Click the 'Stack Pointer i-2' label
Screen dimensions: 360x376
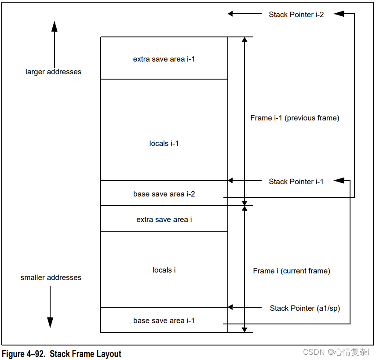tap(296, 15)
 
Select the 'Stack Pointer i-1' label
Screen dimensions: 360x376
tap(296, 182)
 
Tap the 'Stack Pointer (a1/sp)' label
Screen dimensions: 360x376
tap(305, 308)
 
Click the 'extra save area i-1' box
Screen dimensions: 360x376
tap(164, 58)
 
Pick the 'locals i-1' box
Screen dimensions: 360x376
tap(164, 143)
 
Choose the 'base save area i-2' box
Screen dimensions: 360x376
tap(164, 194)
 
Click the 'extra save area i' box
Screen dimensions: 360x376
tap(164, 219)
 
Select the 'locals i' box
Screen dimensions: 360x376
tap(164, 270)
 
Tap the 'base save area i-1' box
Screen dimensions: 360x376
tap(164, 320)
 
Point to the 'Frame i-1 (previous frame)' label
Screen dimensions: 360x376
tap(295, 118)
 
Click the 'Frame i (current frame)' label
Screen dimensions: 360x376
tap(292, 271)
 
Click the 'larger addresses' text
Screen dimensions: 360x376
tap(53, 72)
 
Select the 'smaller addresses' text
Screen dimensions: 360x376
tap(51, 277)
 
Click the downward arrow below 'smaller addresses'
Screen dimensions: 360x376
tap(50, 308)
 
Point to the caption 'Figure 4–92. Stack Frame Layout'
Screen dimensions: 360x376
tap(62, 354)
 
